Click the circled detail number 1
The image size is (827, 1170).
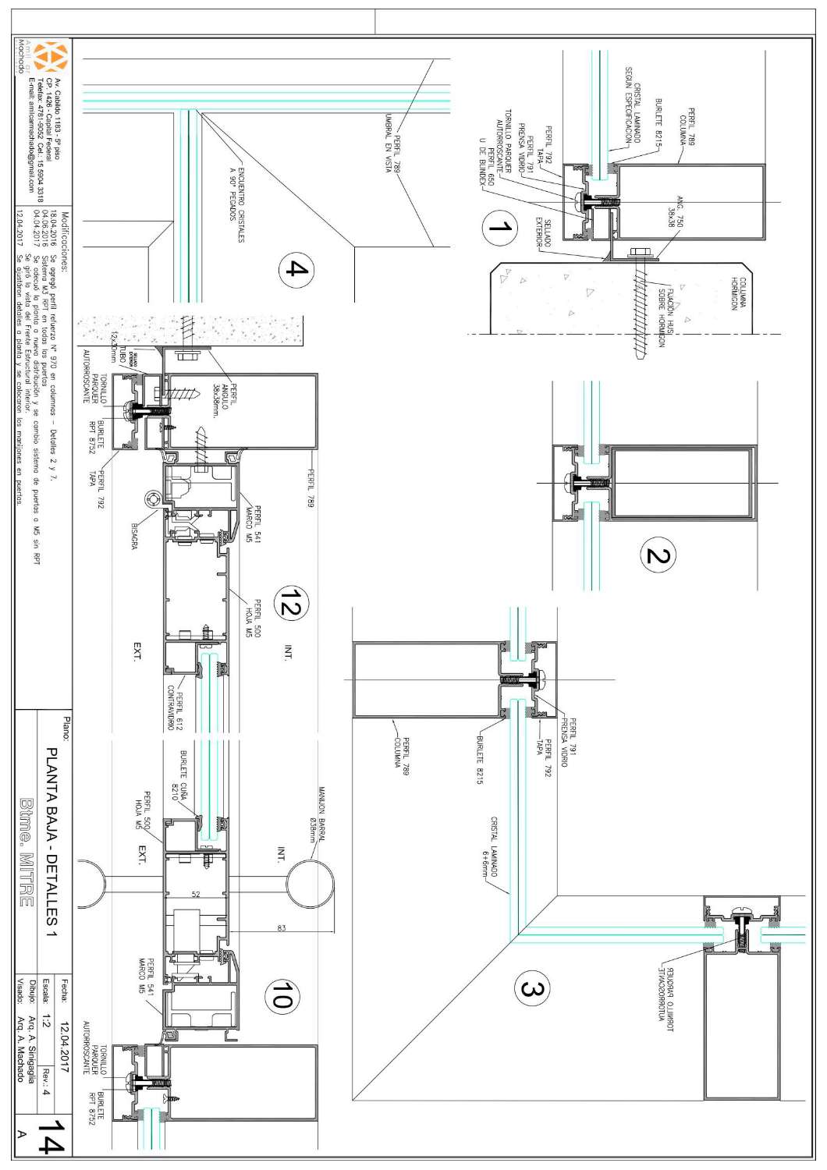499,228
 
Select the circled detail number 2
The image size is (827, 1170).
657,556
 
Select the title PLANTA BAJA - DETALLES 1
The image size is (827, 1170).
55,842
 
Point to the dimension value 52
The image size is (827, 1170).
196,895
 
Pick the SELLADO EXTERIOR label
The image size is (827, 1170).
543,234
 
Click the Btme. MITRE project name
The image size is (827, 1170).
27,842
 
